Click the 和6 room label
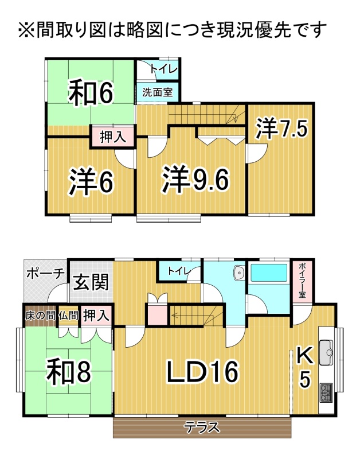tap(91, 92)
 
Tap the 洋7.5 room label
tap(281, 129)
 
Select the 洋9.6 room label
tap(195, 179)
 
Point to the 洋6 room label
tap(91, 181)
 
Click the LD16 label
tap(203, 371)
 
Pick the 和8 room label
tap(69, 372)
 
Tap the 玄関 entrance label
tap(91, 282)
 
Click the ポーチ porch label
tap(45, 274)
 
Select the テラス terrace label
tap(202, 427)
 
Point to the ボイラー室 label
tap(302, 281)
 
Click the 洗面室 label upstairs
tap(157, 92)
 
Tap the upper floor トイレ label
tap(164, 69)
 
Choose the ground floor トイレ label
tap(179, 271)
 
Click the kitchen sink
tap(326, 352)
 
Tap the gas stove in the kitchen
tap(326, 392)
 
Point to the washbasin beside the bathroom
tap(239, 273)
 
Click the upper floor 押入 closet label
tap(113, 137)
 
